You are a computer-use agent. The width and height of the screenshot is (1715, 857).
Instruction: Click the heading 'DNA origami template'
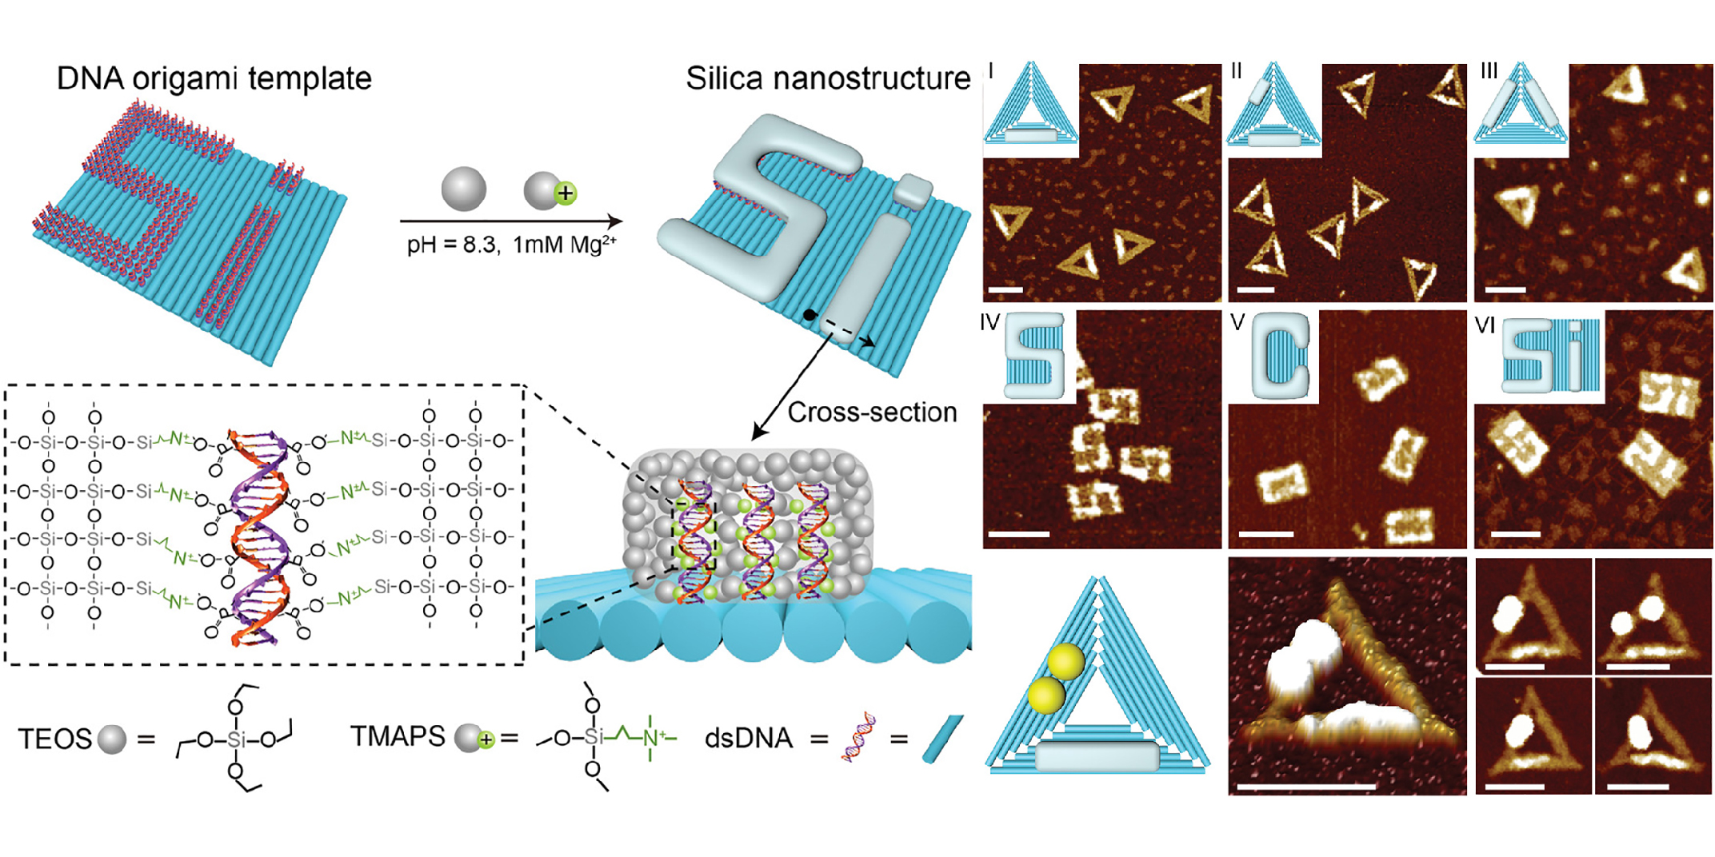[x=214, y=79]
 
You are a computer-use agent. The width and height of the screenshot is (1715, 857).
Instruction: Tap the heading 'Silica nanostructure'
[x=827, y=79]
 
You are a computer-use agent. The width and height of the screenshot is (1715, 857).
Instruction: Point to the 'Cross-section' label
[x=872, y=413]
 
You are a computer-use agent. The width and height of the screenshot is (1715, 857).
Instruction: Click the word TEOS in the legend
[x=54, y=739]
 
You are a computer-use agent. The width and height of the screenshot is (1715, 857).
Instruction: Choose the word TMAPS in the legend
[x=398, y=736]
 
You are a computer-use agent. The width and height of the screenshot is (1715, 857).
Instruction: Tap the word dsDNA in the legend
[x=748, y=738]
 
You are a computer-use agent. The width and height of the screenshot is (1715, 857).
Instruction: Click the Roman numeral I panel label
[x=992, y=72]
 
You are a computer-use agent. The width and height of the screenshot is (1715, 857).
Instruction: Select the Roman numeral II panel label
[x=1237, y=72]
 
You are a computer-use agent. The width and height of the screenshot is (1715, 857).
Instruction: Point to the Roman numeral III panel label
[x=1489, y=72]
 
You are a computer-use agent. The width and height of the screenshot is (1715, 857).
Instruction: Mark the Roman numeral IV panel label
[x=990, y=322]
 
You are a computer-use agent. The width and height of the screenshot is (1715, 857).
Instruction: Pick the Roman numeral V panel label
[x=1237, y=322]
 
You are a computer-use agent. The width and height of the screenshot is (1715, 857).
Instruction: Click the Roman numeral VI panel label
[x=1485, y=325]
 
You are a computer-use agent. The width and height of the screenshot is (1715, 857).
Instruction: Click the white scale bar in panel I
[x=1006, y=289]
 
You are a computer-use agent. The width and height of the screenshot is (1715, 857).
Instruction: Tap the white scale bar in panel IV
[x=1018, y=533]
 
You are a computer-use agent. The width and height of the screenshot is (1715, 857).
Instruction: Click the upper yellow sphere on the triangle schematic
[x=1066, y=662]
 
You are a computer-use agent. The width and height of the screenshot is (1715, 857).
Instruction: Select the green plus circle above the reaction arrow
[x=566, y=193]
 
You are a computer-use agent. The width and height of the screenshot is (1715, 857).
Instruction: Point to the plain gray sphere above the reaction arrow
[x=464, y=189]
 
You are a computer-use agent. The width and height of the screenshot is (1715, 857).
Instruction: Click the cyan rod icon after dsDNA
[x=943, y=739]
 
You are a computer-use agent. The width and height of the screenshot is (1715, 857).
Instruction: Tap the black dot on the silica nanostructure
[x=810, y=315]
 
